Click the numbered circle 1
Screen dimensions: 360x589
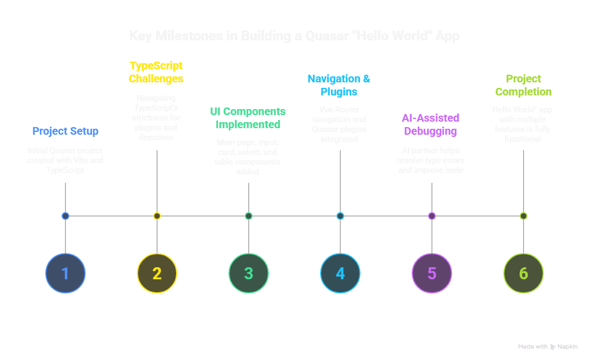coord(65,273)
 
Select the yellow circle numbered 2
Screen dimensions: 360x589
coord(157,273)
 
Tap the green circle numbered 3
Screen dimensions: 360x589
coord(249,273)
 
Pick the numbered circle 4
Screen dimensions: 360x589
coord(340,273)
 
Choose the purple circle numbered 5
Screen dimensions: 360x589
coord(432,273)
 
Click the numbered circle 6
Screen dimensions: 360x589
coord(524,273)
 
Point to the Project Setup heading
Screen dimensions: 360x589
coord(65,131)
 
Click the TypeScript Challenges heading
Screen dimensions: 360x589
coord(156,72)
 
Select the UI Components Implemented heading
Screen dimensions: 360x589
coord(248,118)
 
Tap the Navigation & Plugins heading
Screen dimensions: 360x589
coord(339,85)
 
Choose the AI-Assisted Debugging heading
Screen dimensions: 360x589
coord(431,124)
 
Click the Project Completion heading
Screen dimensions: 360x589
coord(523,85)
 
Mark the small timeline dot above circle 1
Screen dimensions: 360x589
coord(65,216)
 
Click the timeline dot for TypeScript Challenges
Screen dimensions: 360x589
coord(157,216)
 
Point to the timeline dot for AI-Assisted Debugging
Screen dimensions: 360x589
coord(432,216)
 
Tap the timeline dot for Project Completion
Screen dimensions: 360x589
coord(524,216)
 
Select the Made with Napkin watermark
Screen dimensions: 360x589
coord(548,346)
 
